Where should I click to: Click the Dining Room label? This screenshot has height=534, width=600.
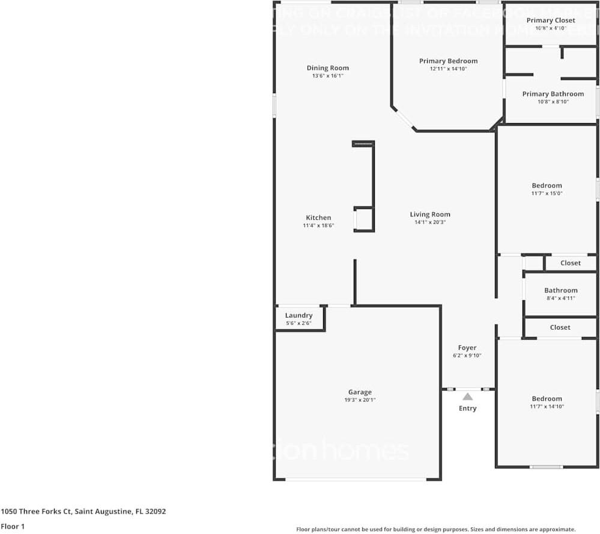[x=327, y=68]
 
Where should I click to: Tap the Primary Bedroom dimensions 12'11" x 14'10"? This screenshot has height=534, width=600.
[x=448, y=69]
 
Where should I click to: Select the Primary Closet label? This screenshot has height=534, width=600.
[x=551, y=20]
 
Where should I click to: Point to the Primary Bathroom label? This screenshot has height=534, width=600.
[x=553, y=94]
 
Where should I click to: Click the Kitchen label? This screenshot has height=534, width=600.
[x=318, y=217]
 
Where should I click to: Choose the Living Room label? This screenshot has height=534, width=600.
[x=430, y=214]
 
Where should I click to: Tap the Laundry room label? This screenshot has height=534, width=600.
[x=298, y=315]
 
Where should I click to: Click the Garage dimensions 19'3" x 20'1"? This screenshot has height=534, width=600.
[x=360, y=400]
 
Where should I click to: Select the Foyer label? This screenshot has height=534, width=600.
[x=467, y=348]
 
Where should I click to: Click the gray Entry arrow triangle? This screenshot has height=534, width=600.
[x=467, y=396]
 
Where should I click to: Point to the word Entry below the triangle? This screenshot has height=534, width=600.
[x=467, y=408]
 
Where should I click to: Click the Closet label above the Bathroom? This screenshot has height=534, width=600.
[x=571, y=263]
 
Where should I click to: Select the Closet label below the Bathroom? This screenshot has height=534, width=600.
[x=560, y=327]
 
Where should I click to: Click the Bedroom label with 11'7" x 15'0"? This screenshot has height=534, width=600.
[x=547, y=186]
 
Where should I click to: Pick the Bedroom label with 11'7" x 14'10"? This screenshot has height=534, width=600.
[x=547, y=398]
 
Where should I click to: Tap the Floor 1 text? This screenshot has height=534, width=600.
[x=13, y=526]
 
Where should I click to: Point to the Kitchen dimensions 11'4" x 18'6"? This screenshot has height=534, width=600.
[x=318, y=226]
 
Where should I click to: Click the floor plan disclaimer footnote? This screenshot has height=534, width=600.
[x=435, y=529]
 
